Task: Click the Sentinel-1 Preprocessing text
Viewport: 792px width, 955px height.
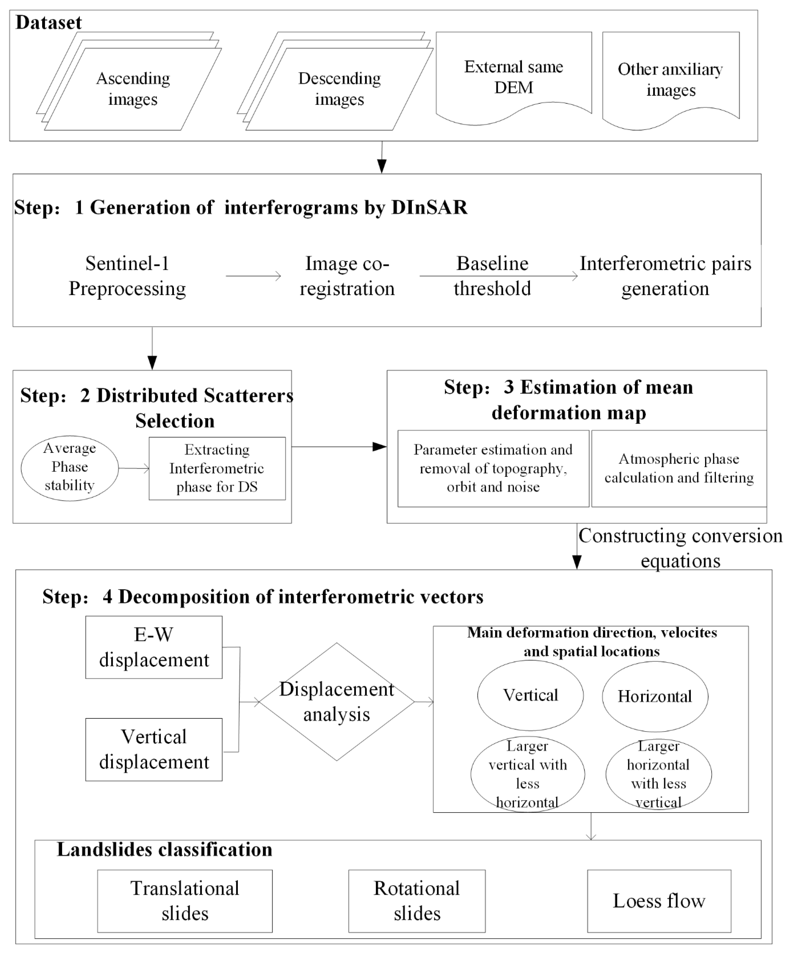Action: (127, 276)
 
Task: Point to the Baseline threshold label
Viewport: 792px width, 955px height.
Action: (493, 276)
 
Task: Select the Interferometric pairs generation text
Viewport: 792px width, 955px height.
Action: (665, 276)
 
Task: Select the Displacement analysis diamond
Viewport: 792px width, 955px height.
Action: (337, 702)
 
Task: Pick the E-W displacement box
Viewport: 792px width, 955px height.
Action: (154, 647)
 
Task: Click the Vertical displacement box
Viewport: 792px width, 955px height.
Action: (154, 749)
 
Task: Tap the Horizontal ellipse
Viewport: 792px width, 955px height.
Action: (655, 696)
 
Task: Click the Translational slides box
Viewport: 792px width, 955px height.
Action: (185, 901)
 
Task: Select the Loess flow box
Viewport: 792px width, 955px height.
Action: (659, 901)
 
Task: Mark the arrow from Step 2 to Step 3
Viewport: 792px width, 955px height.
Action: (339, 447)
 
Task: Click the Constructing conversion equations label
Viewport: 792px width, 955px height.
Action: (680, 548)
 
